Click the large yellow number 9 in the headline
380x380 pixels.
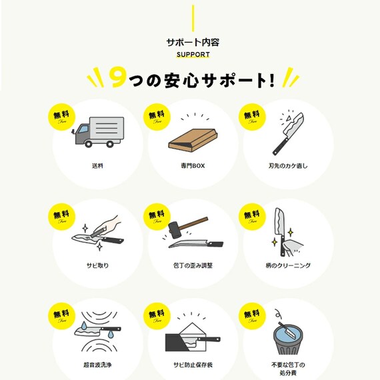pyautogui.click(x=117, y=79)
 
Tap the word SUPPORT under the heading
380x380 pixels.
pyautogui.click(x=193, y=55)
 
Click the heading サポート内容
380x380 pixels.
pyautogui.click(x=193, y=41)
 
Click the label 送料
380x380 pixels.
pyautogui.click(x=97, y=164)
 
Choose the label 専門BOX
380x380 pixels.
pyautogui.click(x=193, y=164)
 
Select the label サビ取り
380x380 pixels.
pyautogui.click(x=97, y=265)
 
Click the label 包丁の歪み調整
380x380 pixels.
pyautogui.click(x=193, y=265)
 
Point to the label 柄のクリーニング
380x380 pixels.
pyautogui.click(x=288, y=265)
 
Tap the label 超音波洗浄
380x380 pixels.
pyautogui.click(x=97, y=365)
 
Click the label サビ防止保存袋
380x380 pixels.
pyautogui.click(x=193, y=365)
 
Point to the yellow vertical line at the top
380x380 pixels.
pyautogui.click(x=193, y=16)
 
